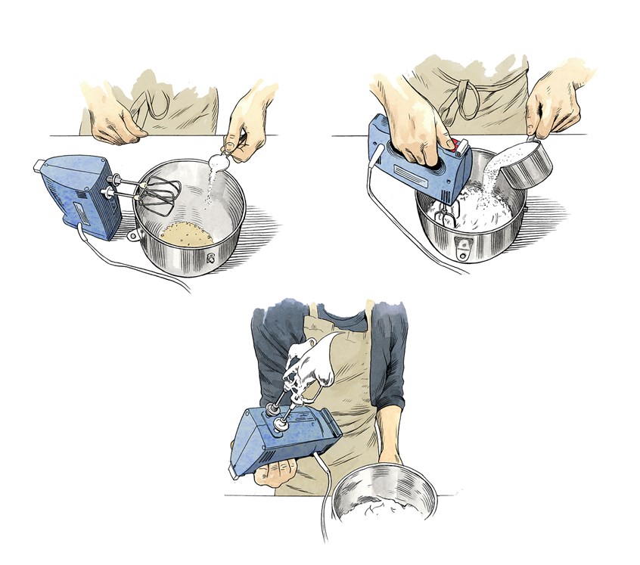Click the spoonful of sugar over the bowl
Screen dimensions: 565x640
220,161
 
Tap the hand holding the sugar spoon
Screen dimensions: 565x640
250,125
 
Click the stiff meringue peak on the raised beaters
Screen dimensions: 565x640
310,363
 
